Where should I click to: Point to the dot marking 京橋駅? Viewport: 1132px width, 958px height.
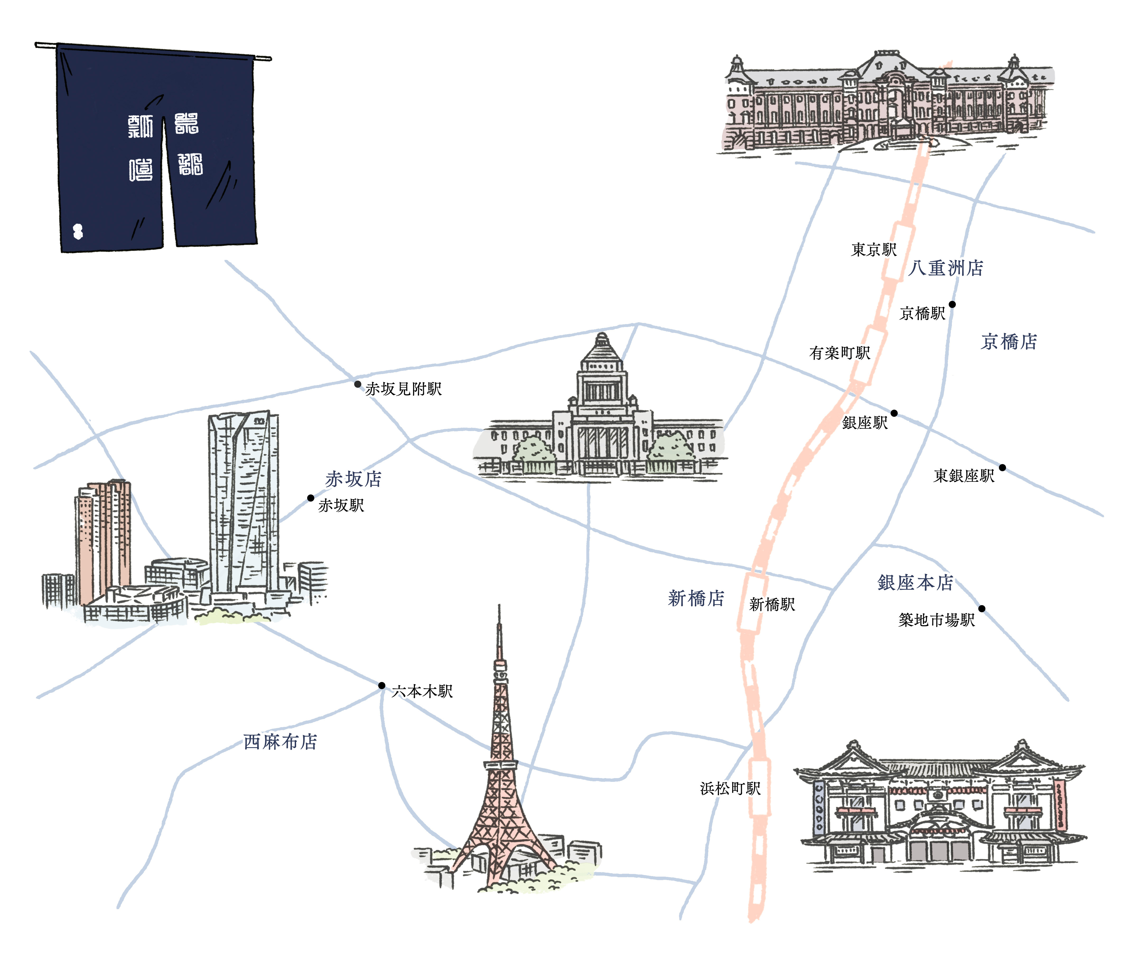952,304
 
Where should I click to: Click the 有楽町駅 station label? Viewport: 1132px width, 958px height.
839,353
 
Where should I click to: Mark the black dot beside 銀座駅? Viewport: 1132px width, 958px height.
894,413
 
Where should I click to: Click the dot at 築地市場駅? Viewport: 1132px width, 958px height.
982,608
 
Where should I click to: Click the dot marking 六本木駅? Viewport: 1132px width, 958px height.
382,685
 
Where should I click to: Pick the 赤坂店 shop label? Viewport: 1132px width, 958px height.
353,479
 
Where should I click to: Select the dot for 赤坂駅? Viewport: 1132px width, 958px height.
311,498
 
